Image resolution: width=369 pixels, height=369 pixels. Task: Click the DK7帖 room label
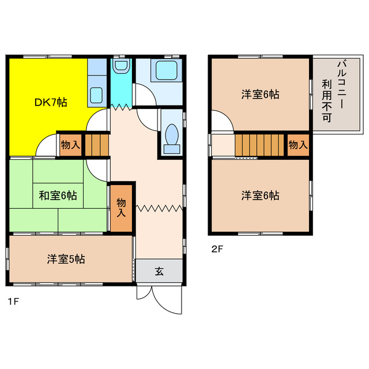coord(51,103)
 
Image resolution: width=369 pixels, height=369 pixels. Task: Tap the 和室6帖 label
coord(58,195)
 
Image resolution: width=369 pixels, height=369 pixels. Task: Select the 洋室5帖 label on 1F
coord(66,259)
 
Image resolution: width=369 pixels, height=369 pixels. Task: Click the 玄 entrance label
coord(159,271)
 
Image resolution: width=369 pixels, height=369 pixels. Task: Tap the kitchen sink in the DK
coord(96,93)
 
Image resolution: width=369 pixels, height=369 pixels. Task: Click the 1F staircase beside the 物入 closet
coord(97,144)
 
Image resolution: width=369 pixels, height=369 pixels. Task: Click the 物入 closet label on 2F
coord(298,145)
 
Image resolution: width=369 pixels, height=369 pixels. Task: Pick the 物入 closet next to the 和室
coord(121,207)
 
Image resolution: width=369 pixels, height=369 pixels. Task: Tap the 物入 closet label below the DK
coord(70,145)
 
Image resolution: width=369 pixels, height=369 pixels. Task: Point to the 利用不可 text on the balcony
coord(327,100)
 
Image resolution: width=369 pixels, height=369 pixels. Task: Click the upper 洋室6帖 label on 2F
coord(260,94)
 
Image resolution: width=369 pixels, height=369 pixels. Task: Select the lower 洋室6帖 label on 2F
coord(260,195)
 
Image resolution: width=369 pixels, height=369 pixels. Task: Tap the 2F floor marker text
coord(217,249)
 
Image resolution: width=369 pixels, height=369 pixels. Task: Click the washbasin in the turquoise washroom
coord(121,67)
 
